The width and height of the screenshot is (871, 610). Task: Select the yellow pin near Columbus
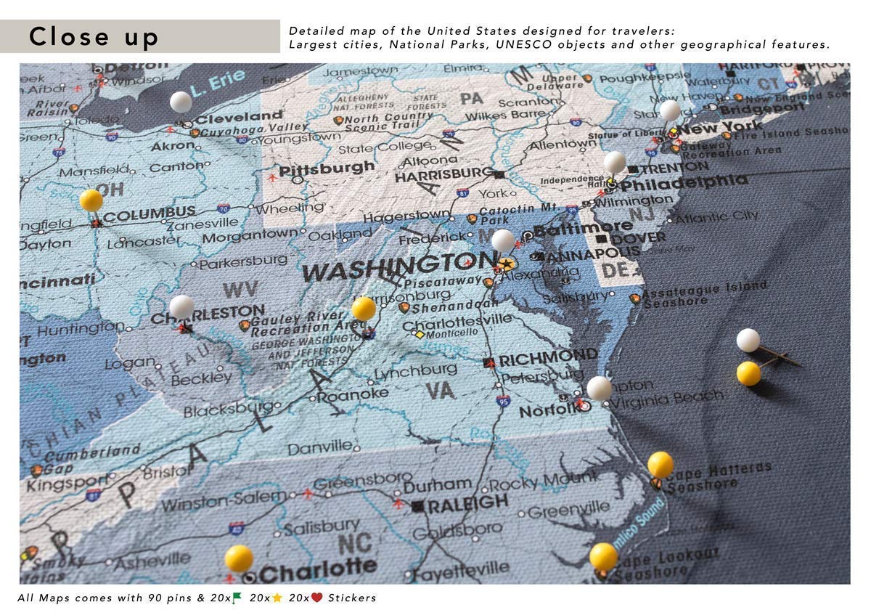pyautogui.click(x=91, y=200)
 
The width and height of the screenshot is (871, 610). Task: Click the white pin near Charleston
pyautogui.click(x=181, y=306)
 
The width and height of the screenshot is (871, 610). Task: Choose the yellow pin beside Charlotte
pyautogui.click(x=239, y=558)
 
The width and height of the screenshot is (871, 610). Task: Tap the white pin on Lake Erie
pyautogui.click(x=181, y=102)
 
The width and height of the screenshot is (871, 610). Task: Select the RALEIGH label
pyautogui.click(x=467, y=504)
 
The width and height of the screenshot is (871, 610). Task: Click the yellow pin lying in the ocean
pyautogui.click(x=748, y=373)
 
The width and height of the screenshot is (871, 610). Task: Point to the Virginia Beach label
pyautogui.click(x=668, y=398)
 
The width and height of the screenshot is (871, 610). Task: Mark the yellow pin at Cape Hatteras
pyautogui.click(x=661, y=464)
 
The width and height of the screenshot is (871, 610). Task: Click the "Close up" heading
pyautogui.click(x=94, y=36)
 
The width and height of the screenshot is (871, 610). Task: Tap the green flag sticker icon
pyautogui.click(x=237, y=598)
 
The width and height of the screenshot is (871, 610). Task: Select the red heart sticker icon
pyautogui.click(x=316, y=598)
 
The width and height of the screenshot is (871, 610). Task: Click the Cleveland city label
pyautogui.click(x=239, y=117)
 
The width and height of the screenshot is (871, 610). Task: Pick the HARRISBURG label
pyautogui.click(x=443, y=175)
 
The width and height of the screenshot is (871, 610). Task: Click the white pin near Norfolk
pyautogui.click(x=599, y=388)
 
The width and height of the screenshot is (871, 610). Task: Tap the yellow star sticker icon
pyautogui.click(x=277, y=598)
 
